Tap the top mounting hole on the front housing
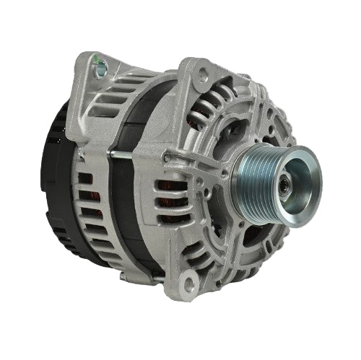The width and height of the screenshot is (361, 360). coord(204,72)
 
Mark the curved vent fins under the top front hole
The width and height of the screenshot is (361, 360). coord(213,108)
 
